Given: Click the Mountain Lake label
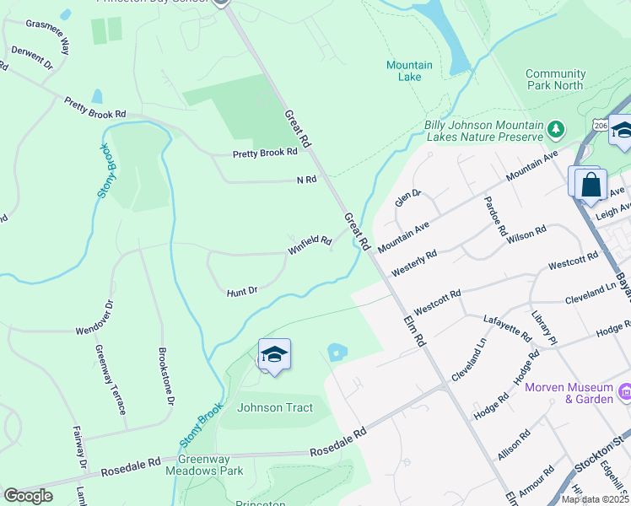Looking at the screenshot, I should coord(409,71).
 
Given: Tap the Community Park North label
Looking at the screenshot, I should coord(554,79).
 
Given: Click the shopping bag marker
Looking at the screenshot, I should coord(591,185).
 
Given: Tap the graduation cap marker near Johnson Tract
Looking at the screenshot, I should coord(274,355).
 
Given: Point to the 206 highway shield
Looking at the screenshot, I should coord(600,125).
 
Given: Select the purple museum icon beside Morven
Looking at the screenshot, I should coord(625,392).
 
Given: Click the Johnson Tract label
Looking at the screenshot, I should coord(275,408).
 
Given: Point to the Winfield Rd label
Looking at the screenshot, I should coord(310,243).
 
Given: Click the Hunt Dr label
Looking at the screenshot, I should coord(241,292).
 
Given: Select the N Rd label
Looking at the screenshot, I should coord(305,180).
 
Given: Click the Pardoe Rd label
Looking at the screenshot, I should coord(495,216).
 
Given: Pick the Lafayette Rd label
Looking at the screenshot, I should coord(508,329).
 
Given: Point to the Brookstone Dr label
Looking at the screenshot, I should coord(167,377).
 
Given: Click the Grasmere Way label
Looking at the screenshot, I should coord(48,37).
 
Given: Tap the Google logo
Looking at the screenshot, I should coord(28,496).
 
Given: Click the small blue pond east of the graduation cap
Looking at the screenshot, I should coord(337,352).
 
